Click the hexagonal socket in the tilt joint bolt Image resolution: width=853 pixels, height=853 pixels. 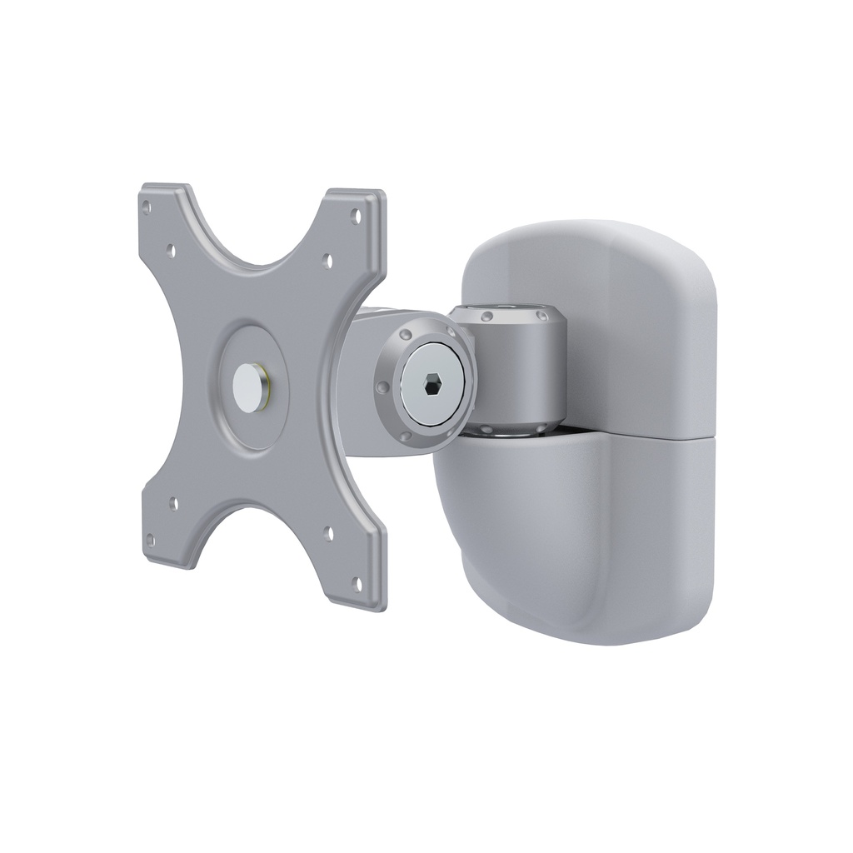click(431, 385)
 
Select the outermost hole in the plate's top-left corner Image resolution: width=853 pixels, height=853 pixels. click(147, 202)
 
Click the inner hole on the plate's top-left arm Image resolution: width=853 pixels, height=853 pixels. click(172, 247)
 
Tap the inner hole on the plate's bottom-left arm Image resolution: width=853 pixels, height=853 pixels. click(172, 503)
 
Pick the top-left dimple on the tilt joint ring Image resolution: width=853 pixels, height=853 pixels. click(404, 334)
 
